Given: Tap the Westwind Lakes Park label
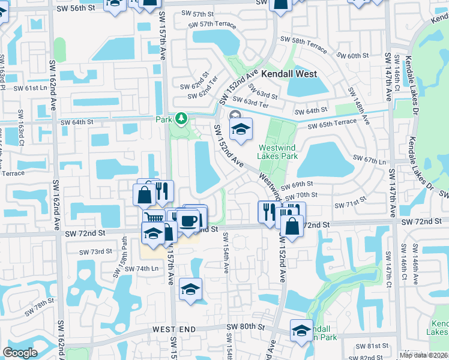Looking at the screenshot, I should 278,152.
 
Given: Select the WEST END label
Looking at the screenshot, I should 174,329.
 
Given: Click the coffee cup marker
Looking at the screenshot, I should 189,221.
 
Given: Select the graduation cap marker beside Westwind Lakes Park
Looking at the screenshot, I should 241,129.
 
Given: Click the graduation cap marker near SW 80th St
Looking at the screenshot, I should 301,330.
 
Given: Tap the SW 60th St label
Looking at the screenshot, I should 353,56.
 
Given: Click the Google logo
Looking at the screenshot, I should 20,353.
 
